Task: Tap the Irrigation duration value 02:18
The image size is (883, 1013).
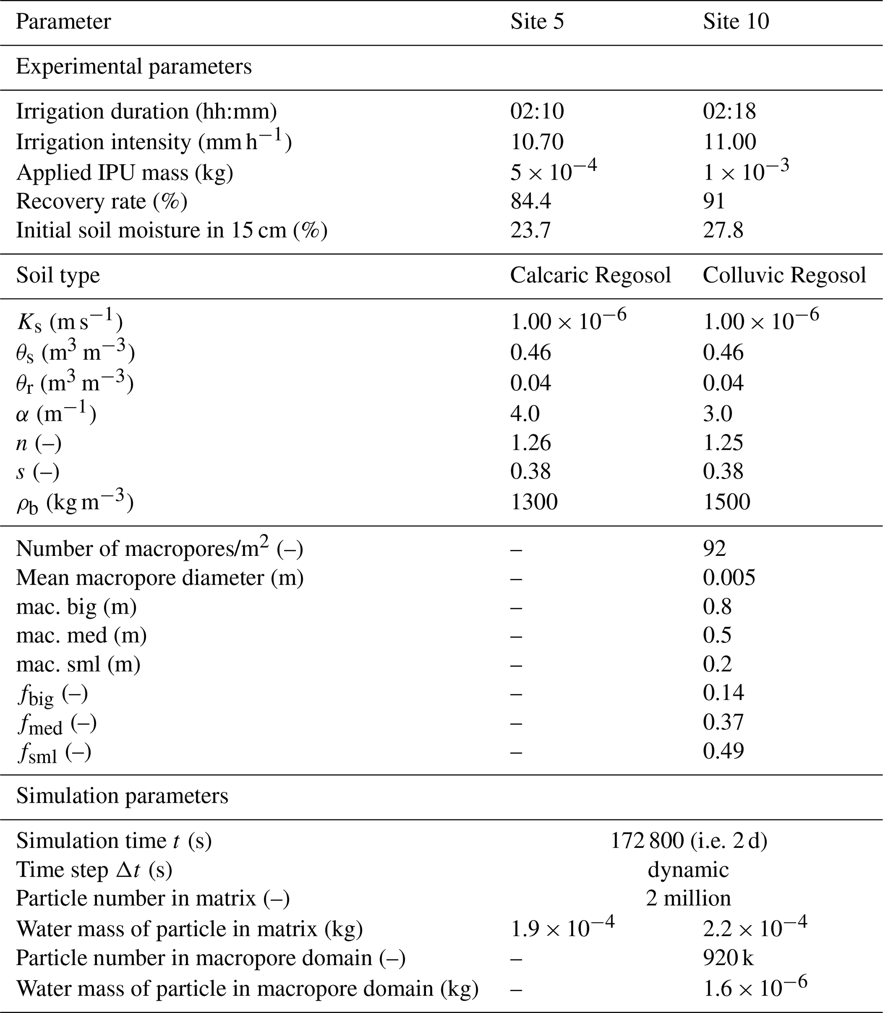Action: [x=729, y=112]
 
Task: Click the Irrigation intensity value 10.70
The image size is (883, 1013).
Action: [x=537, y=142]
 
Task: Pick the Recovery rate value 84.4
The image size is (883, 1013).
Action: [x=530, y=201]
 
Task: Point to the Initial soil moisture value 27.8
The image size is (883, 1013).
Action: [x=723, y=230]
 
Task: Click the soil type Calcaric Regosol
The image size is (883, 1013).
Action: [x=590, y=275]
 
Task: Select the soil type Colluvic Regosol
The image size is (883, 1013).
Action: [x=784, y=275]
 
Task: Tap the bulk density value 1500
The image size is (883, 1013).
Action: [x=726, y=502]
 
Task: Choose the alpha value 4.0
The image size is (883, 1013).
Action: [x=525, y=413]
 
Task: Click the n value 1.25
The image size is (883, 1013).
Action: [x=723, y=443]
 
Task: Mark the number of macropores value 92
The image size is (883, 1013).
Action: [x=715, y=549]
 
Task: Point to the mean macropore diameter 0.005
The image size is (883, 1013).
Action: [x=729, y=578]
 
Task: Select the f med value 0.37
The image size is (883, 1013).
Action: [x=723, y=723]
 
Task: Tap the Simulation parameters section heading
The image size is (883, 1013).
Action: [x=122, y=796]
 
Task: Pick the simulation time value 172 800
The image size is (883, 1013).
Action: [x=647, y=841]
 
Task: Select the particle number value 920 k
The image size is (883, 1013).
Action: [x=728, y=958]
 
